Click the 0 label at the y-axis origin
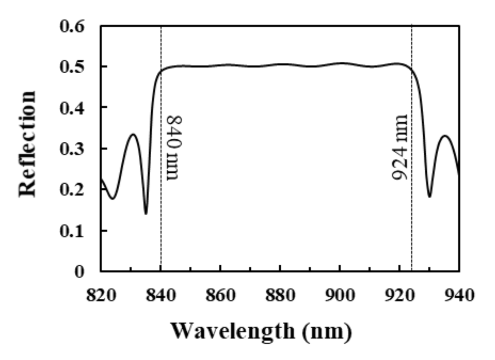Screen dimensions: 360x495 point(79,271)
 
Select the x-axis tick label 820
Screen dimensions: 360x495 point(101,295)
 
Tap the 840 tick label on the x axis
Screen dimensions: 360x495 point(161,295)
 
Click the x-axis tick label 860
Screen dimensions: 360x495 point(220,295)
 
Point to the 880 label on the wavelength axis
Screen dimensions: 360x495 point(280,295)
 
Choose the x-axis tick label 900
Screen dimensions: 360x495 point(340,295)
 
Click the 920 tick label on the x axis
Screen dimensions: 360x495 point(400,295)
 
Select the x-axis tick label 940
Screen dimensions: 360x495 point(459,295)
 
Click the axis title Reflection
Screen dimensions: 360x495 point(28,144)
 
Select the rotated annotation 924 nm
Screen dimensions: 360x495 point(400,147)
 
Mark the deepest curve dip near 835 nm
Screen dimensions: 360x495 point(146,213)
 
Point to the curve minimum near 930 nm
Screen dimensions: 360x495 point(430,196)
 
